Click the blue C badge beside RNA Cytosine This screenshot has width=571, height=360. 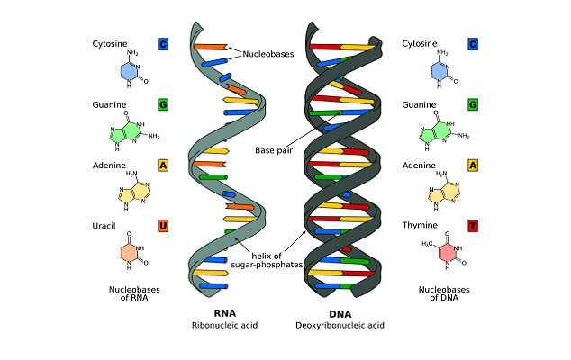pyautogui.click(x=163, y=44)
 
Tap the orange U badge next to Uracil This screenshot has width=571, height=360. pyautogui.click(x=163, y=225)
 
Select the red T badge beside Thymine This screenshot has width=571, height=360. pyautogui.click(x=472, y=225)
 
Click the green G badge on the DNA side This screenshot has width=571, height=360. pyautogui.click(x=472, y=105)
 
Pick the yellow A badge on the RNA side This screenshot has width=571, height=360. pyautogui.click(x=163, y=166)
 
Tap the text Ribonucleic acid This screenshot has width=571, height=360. pyautogui.click(x=224, y=325)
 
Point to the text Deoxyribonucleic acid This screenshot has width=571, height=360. pyautogui.click(x=340, y=325)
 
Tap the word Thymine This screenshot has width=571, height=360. pyautogui.click(x=421, y=225)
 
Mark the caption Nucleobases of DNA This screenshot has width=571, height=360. pyautogui.click(x=442, y=294)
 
